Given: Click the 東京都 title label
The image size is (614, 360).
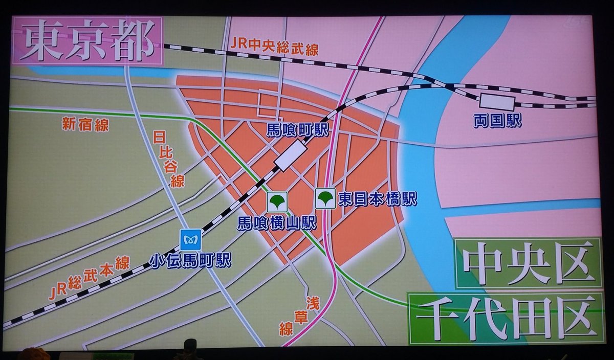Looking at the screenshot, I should click(x=87, y=41).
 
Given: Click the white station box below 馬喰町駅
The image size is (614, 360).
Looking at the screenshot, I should click(x=290, y=155).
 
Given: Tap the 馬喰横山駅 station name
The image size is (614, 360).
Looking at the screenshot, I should click(x=277, y=223).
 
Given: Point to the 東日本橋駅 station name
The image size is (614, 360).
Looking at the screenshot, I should click(x=378, y=198).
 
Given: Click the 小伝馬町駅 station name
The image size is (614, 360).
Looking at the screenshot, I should click(x=190, y=260).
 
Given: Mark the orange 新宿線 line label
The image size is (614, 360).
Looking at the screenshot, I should click(x=85, y=125).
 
